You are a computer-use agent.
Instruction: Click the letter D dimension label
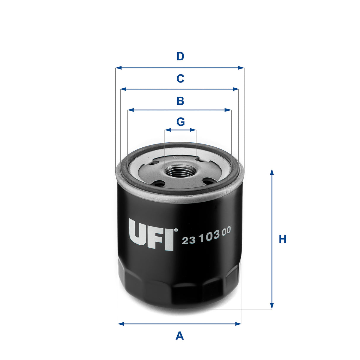click(x=180, y=56)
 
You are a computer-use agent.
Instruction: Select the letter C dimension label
click(x=180, y=79)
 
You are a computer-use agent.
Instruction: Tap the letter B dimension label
click(x=180, y=101)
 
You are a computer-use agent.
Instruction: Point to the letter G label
click(x=180, y=122)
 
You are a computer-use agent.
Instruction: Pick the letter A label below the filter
click(x=180, y=336)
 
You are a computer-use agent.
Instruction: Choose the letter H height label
click(x=283, y=239)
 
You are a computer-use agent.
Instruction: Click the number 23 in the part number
click(x=189, y=240)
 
